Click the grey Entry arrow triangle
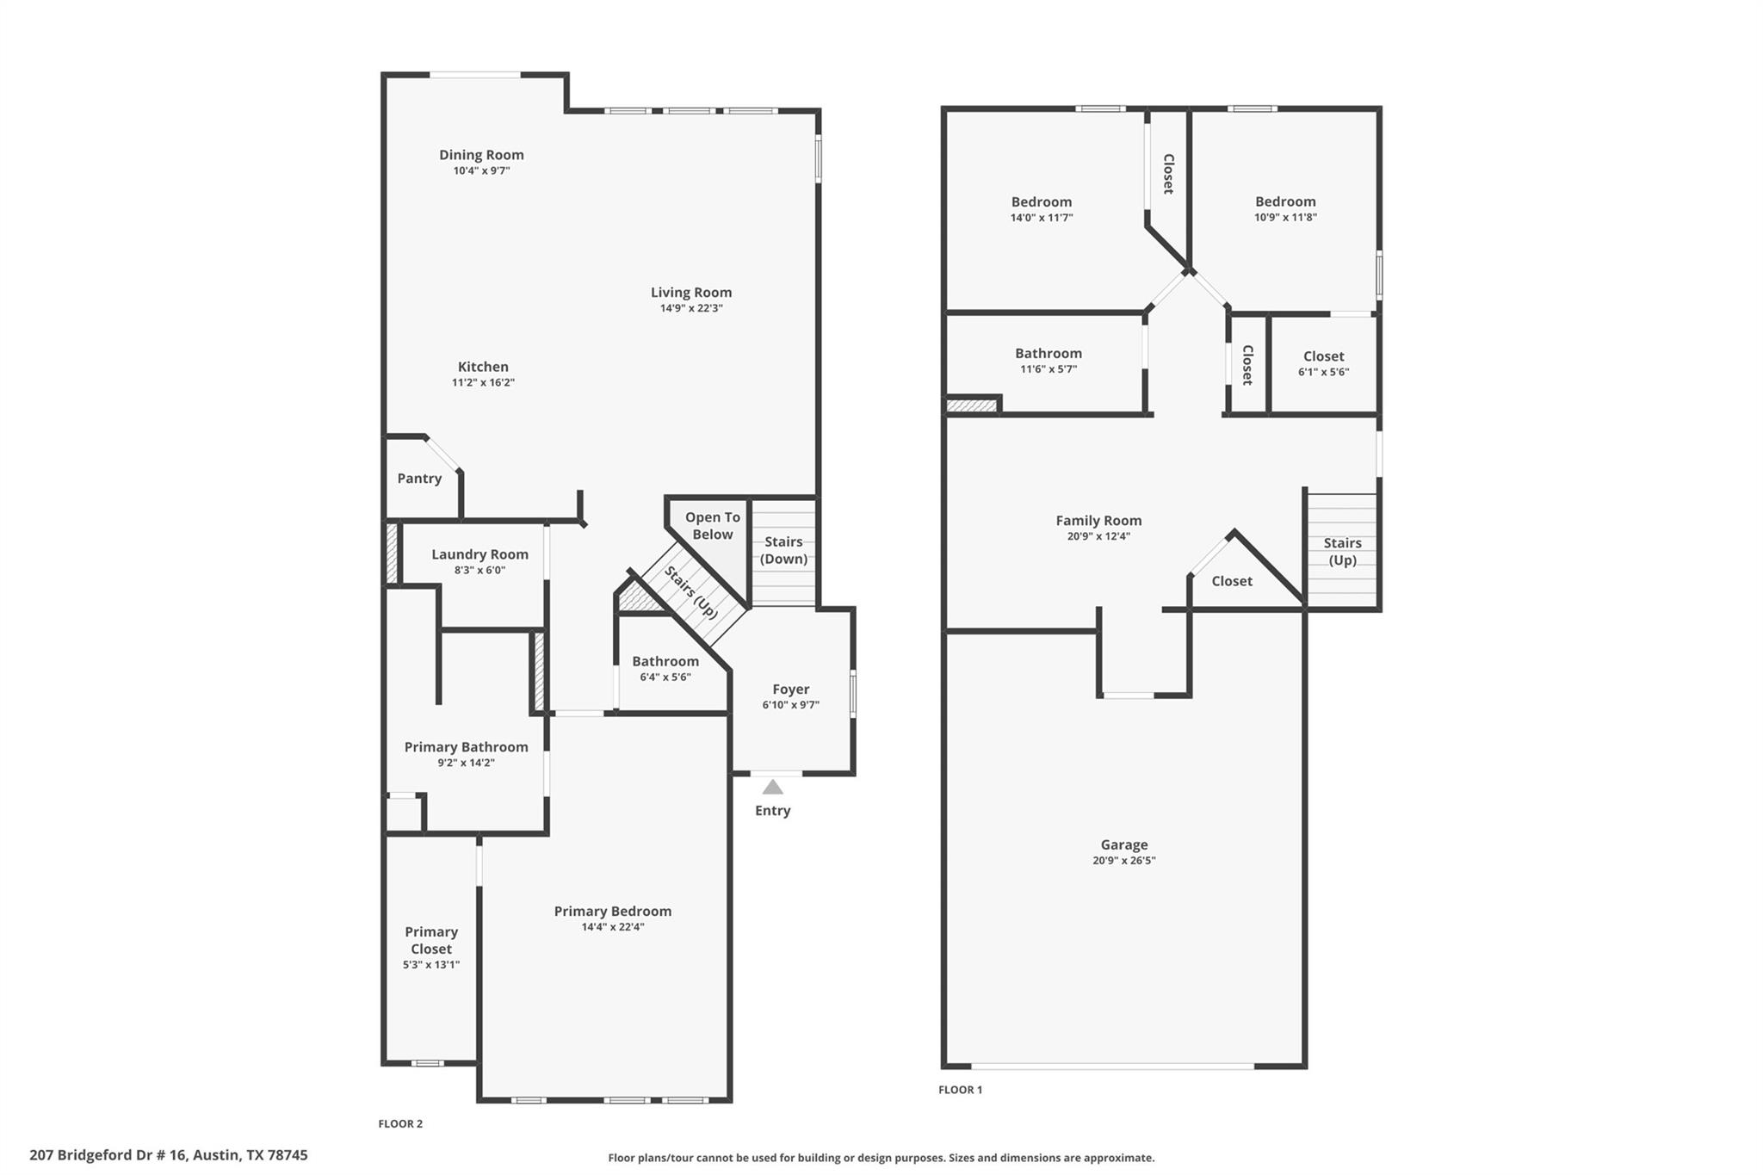[772, 787]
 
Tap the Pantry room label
[419, 479]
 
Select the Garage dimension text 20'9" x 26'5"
[1123, 861]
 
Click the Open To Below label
[713, 526]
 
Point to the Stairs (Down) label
[783, 550]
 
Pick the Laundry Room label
[479, 554]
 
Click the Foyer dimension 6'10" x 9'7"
[790, 705]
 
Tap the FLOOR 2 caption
[400, 1123]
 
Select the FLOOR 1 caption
[960, 1090]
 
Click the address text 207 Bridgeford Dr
[168, 1155]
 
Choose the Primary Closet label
[431, 940]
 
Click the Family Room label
[1098, 520]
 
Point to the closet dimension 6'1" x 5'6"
[1323, 373]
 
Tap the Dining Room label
[481, 155]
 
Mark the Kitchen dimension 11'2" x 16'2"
[483, 383]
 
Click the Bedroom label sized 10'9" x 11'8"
[1285, 201]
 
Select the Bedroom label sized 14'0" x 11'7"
[1042, 202]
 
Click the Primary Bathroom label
[466, 746]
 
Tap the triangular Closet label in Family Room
[1232, 581]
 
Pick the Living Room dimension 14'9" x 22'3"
[690, 308]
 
